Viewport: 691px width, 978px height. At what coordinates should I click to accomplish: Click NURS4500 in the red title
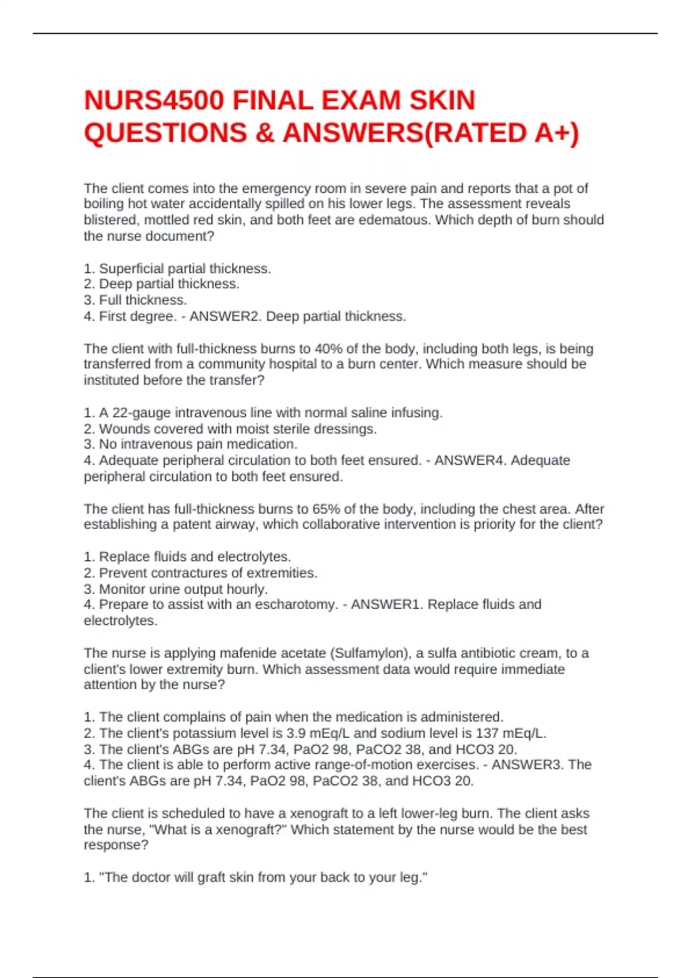point(154,101)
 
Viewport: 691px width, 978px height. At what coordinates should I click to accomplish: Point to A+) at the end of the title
point(556,133)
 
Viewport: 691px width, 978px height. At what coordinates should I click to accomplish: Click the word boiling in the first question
point(104,204)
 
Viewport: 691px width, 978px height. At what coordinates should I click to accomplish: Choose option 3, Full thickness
point(135,300)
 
